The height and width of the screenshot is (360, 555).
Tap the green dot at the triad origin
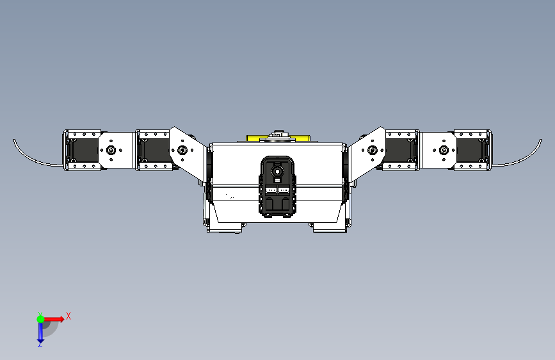point(40,318)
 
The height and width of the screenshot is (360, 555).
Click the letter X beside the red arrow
point(68,315)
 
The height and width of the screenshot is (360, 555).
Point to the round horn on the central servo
point(277,171)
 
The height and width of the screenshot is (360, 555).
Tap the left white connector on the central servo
point(271,190)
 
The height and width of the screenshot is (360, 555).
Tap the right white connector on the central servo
point(284,190)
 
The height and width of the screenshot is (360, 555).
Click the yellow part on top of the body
point(256,138)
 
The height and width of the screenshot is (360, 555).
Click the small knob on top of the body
point(278,134)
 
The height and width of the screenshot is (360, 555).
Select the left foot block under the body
point(225,227)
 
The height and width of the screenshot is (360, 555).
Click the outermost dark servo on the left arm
point(82,151)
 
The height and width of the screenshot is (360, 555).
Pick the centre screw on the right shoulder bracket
point(372,151)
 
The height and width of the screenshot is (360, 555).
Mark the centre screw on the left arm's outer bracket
point(112,151)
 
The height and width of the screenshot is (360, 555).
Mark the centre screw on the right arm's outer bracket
point(442,151)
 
